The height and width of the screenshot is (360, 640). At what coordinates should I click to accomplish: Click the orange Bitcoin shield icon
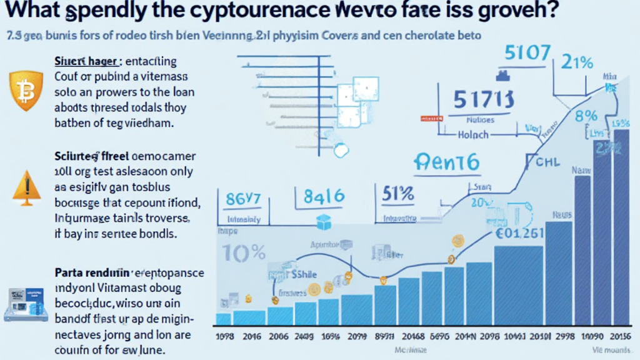(x=26, y=91)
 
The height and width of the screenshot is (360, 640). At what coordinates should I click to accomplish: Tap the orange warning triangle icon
(x=26, y=186)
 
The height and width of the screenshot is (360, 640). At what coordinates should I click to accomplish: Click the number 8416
(x=323, y=196)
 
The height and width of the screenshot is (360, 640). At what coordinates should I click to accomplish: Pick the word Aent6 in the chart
(x=445, y=163)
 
